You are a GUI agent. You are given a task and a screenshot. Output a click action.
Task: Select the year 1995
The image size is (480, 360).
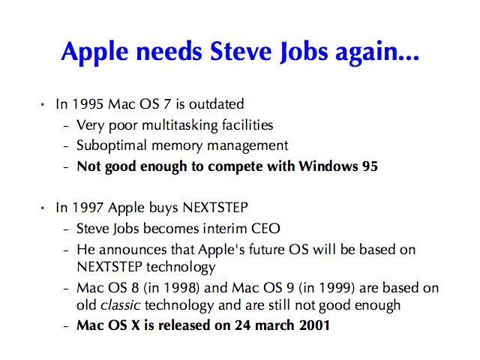[88, 104]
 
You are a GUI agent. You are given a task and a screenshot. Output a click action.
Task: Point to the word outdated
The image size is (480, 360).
[217, 104]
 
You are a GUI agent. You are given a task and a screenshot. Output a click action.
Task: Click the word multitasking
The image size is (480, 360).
[180, 126]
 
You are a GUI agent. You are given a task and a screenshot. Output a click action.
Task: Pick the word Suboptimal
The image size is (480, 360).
[112, 146]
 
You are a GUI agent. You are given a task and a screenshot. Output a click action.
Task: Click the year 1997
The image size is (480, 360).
[88, 208]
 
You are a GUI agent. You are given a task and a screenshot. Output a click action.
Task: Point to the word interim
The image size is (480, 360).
[225, 229]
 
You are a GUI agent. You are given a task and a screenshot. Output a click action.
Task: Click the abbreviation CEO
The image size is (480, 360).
[265, 229]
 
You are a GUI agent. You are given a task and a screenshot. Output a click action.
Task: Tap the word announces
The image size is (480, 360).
[133, 250]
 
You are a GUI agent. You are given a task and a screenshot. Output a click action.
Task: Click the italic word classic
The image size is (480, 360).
[120, 305]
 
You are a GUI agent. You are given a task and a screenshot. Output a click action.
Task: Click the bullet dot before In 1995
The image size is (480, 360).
[43, 105]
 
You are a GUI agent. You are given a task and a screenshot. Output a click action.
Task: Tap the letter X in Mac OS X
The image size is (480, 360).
[135, 325]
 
